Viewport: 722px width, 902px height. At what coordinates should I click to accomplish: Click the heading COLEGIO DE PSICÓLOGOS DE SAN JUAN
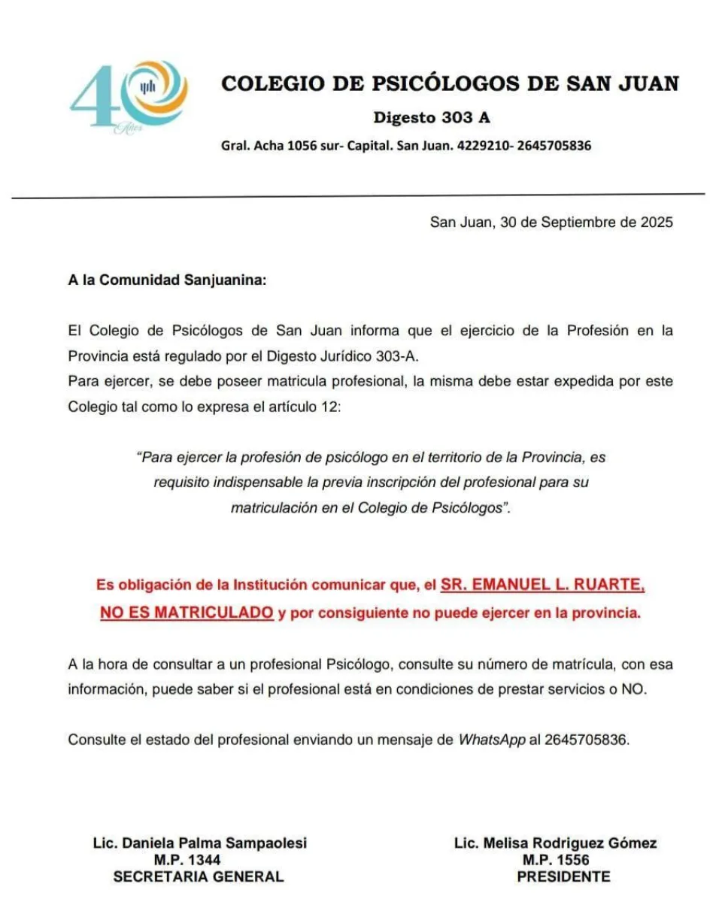tap(450, 83)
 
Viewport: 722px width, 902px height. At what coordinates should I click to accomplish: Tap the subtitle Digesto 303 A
tap(432, 118)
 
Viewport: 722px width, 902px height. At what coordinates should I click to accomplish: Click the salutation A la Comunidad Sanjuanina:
tap(167, 281)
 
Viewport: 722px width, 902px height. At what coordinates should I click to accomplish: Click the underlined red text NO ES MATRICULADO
tap(187, 613)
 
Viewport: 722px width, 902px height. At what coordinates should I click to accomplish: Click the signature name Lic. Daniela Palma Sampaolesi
tap(199, 843)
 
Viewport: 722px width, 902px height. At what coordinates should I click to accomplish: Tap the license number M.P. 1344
tap(187, 860)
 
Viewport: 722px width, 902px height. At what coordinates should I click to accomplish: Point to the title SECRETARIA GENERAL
tap(199, 876)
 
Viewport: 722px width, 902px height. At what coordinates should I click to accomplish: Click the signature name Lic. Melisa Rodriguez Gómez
tap(555, 843)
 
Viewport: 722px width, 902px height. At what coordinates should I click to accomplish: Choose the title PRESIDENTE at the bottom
tap(563, 876)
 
